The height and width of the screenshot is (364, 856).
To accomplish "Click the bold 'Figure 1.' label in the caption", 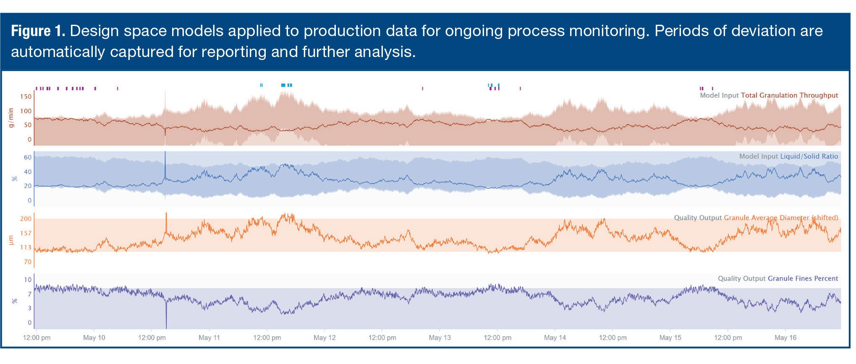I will pyautogui.click(x=38, y=31).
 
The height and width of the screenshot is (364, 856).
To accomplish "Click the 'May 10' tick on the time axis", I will pyautogui.click(x=94, y=338).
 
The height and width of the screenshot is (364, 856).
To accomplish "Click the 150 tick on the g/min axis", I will pyautogui.click(x=26, y=97).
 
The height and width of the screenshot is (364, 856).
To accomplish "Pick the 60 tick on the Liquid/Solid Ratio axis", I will pyautogui.click(x=28, y=158).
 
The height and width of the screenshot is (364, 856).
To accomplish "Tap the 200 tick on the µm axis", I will pyautogui.click(x=26, y=219).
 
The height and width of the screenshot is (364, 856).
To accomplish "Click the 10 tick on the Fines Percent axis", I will pyautogui.click(x=28, y=280).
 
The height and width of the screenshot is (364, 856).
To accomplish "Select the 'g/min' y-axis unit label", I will pyautogui.click(x=11, y=118).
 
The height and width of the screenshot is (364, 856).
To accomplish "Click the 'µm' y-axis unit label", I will pyautogui.click(x=11, y=240).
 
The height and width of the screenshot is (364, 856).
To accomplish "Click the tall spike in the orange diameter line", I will pyautogui.click(x=167, y=218).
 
